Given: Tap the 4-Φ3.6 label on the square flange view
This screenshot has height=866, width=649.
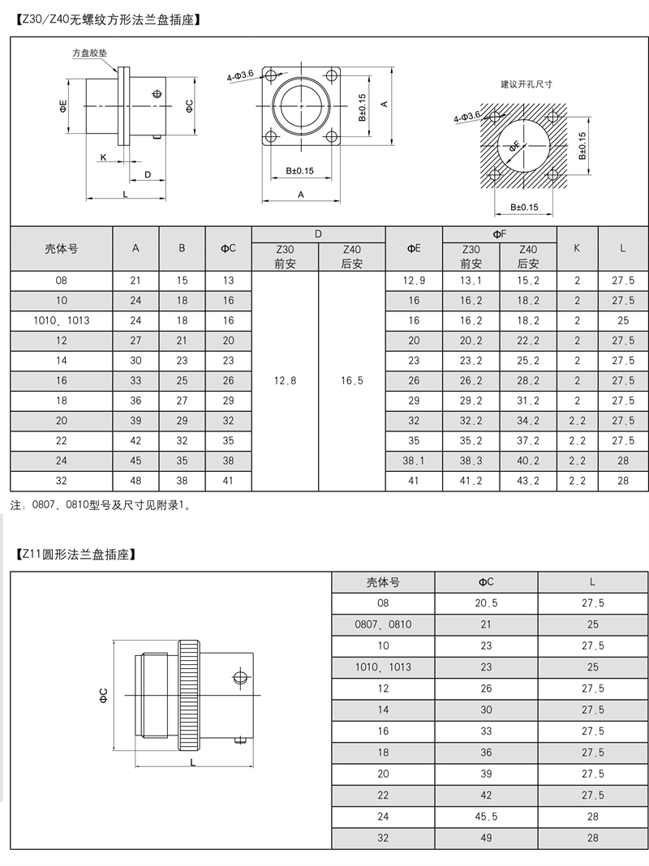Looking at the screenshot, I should [x=241, y=75].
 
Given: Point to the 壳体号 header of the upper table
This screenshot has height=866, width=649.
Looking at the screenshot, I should [x=61, y=249].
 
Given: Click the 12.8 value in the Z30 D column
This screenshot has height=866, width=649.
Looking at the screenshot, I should [x=285, y=380].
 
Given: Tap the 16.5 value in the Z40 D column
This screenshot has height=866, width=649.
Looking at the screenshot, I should [x=351, y=380].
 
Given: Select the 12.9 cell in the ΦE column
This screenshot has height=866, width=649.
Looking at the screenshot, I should [x=414, y=281].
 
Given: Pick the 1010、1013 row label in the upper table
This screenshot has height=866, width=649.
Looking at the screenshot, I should [x=61, y=320].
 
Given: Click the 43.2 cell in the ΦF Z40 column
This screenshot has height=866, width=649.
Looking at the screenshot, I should [x=527, y=481].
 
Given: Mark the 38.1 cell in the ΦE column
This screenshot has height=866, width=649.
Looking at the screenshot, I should [x=414, y=461].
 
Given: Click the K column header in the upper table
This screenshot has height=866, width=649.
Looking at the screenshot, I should [x=577, y=249].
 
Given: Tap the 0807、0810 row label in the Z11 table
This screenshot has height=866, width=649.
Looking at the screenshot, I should [x=383, y=624].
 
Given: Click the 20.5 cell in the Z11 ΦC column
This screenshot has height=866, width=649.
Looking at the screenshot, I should [x=486, y=603].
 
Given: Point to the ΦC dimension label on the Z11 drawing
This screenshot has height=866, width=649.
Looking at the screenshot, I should [x=104, y=695].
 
